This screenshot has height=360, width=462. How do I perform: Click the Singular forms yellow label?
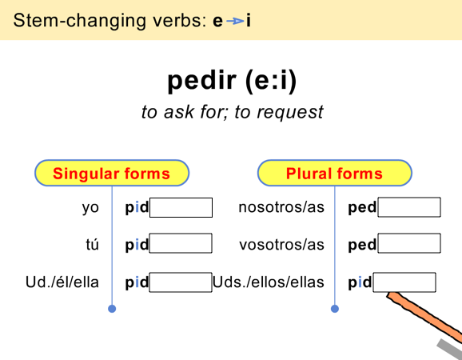point(111,173)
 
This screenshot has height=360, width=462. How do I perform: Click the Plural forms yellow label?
point(334,173)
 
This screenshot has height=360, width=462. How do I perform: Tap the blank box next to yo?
point(181,208)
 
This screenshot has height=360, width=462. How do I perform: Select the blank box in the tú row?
point(181,243)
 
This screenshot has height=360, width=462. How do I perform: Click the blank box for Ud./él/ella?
point(181,282)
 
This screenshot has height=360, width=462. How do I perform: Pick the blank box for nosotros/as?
point(409,208)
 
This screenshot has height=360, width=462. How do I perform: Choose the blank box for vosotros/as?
point(409,243)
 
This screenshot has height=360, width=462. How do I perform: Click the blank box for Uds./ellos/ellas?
point(404,282)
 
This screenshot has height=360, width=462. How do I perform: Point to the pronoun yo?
point(90,208)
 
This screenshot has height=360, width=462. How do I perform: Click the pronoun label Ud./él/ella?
point(63,282)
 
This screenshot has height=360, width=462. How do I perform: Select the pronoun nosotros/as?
point(281,208)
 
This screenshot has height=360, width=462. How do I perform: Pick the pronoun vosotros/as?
point(281,243)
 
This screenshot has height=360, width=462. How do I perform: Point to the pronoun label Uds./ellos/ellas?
point(269,282)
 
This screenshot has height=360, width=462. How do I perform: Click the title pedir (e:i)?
point(232,80)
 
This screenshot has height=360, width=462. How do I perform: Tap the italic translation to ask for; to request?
point(232,111)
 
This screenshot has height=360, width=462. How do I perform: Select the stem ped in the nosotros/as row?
point(362,208)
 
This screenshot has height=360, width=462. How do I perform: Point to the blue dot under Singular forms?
point(112,309)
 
